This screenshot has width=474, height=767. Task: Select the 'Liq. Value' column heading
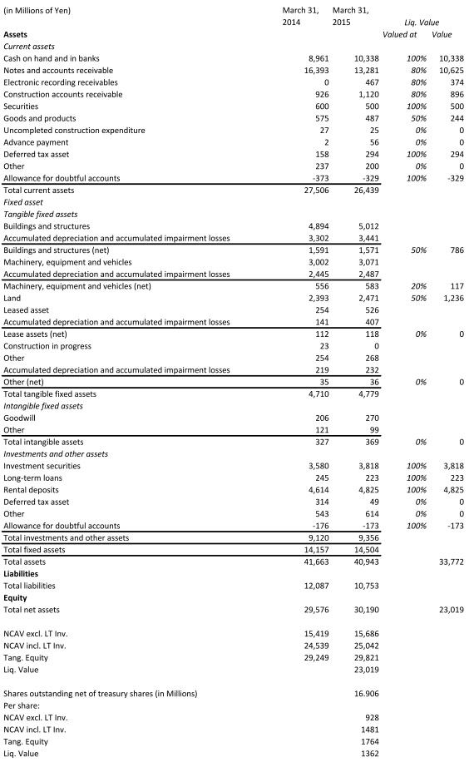pyautogui.click(x=422, y=22)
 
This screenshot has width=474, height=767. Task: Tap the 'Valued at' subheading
pyautogui.click(x=400, y=34)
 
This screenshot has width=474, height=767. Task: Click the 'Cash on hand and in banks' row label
pyautogui.click(x=52, y=58)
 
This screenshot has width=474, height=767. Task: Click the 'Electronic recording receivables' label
pyautogui.click(x=61, y=82)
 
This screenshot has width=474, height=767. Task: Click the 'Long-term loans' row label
pyautogui.click(x=32, y=478)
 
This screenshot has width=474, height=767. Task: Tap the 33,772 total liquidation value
pyautogui.click(x=450, y=562)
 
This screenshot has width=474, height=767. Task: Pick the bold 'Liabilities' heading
pyautogui.click(x=23, y=573)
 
